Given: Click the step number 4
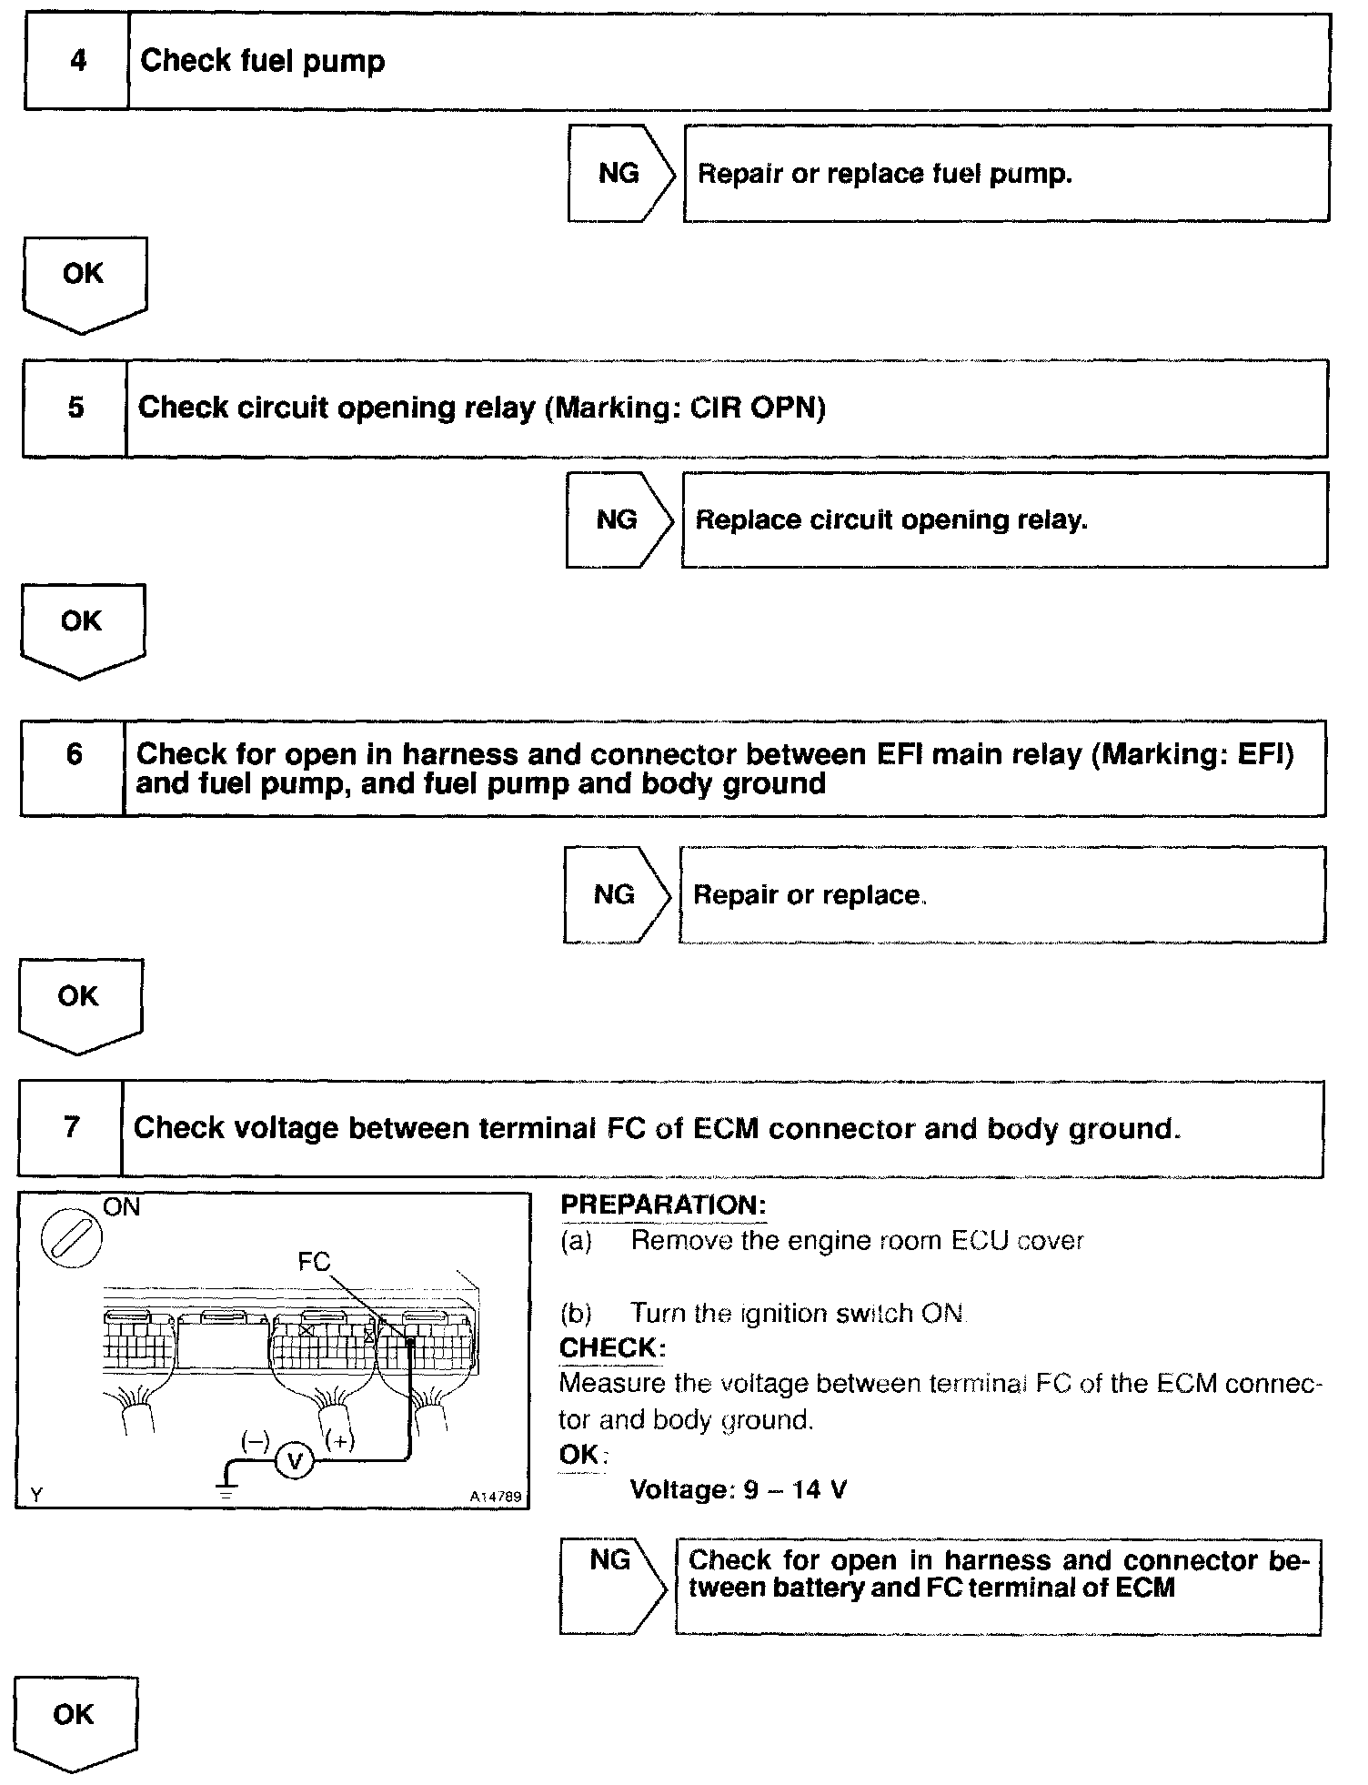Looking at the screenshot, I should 78,61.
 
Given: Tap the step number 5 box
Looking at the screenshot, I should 75,408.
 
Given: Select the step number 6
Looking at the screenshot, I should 74,754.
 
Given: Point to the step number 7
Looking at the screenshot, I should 72,1128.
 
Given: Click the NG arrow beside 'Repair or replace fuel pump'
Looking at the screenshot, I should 620,173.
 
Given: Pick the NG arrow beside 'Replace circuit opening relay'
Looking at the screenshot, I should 619,519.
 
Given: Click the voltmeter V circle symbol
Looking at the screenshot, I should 294,1462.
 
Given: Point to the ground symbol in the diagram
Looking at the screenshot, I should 226,1488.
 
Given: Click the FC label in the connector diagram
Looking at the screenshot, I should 314,1262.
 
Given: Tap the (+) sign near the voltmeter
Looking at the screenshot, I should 339,1441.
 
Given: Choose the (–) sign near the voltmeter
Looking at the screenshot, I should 255,1441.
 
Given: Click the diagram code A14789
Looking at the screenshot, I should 496,1496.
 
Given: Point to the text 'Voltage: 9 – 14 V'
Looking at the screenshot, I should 739,1490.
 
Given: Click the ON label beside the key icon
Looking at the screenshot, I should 122,1207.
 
